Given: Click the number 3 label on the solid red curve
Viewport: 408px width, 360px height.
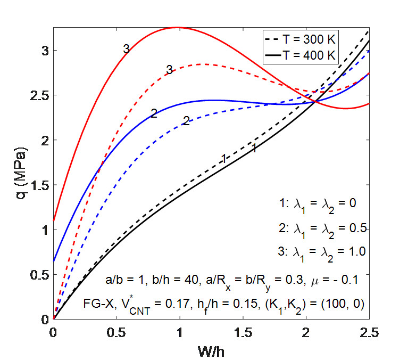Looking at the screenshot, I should (126, 49).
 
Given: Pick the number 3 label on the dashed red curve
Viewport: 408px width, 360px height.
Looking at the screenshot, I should (169, 69).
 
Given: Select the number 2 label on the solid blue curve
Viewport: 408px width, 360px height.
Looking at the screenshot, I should (154, 113).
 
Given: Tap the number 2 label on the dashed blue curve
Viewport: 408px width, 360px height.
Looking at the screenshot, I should (186, 121).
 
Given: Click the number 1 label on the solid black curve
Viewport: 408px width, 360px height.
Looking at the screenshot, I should (255, 149).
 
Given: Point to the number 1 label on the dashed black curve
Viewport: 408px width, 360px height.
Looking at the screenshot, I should (224, 158).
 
